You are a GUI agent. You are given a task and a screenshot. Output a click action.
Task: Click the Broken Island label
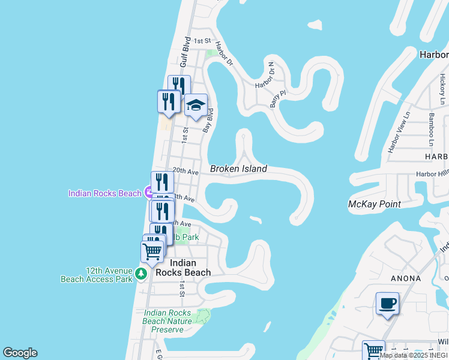point(238,169)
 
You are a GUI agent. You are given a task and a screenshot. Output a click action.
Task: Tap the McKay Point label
point(375,205)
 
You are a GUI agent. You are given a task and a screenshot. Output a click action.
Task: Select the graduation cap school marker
point(196,106)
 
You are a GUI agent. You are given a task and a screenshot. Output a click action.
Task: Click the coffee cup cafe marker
point(387,304)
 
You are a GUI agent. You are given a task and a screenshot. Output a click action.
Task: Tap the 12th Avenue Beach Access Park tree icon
point(141,274)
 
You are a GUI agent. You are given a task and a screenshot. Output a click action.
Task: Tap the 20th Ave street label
point(185,172)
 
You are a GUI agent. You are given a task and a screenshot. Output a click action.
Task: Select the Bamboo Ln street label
point(430,129)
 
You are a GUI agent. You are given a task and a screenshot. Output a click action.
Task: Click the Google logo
point(20,353)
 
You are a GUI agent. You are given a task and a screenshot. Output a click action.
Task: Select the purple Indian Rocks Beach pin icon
point(148,193)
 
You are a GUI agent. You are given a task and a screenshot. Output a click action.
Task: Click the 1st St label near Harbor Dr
point(203,41)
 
